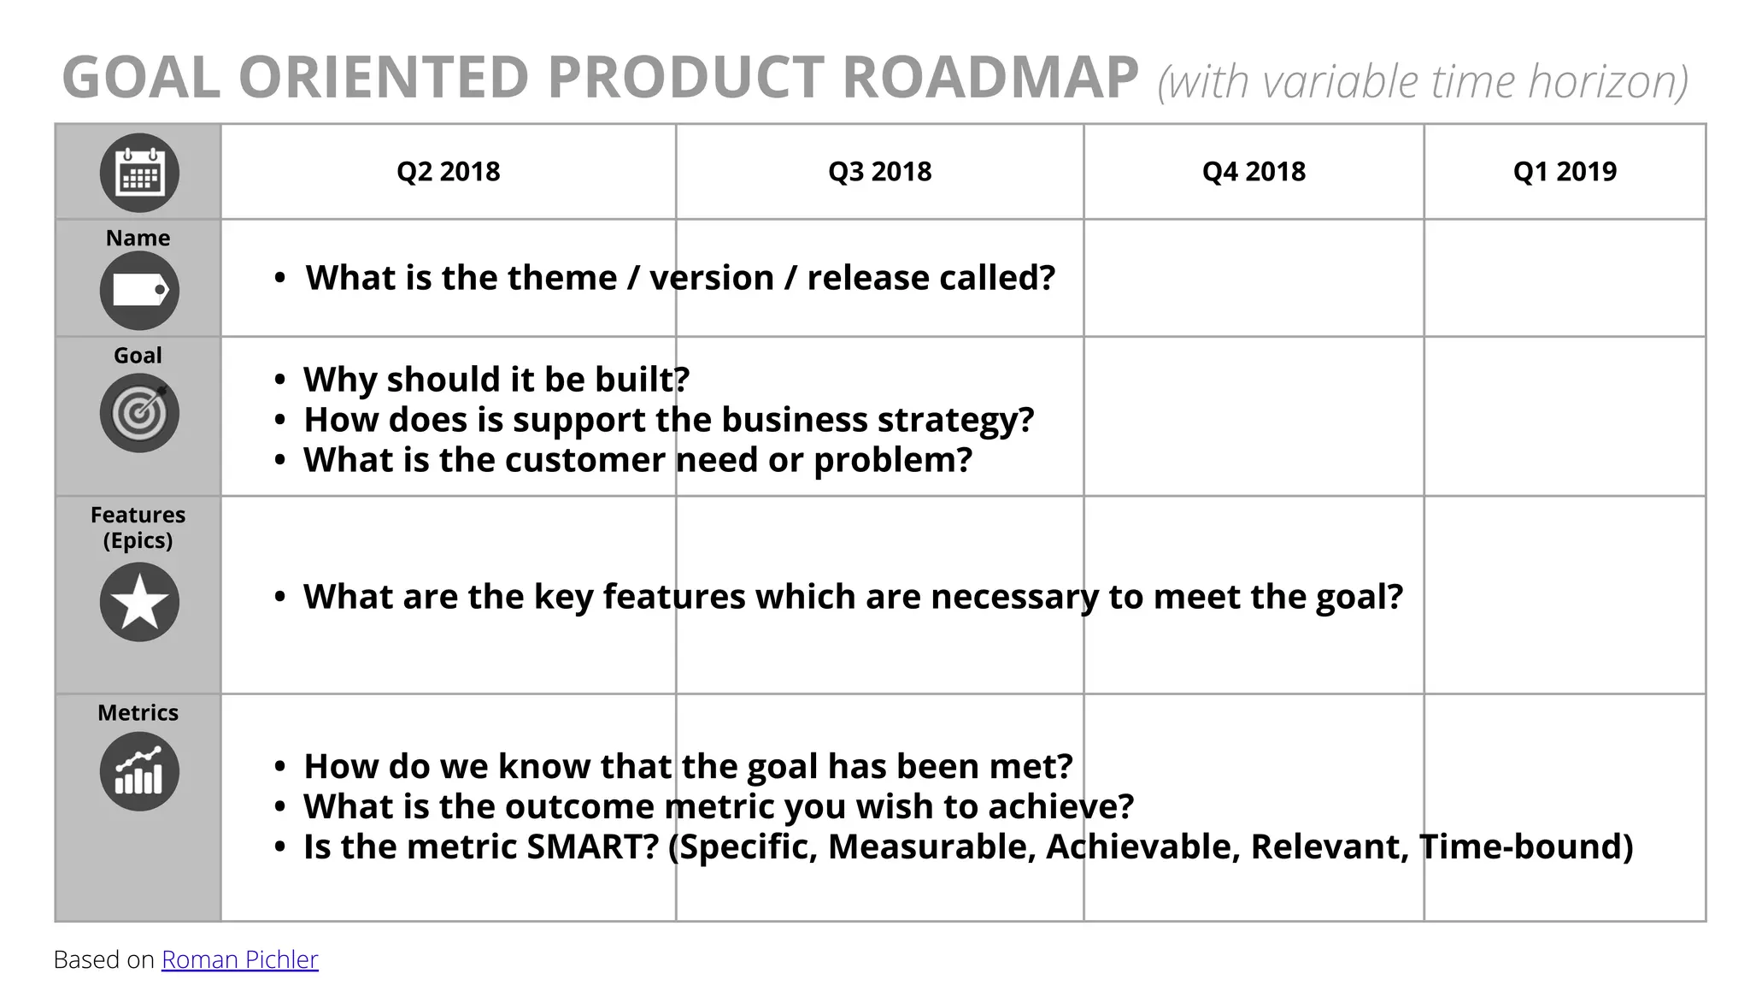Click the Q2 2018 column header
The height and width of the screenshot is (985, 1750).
(448, 172)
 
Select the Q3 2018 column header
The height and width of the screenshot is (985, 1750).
(879, 172)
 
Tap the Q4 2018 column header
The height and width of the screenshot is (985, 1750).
(1254, 172)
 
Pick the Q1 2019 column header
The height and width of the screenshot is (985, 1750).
(1565, 172)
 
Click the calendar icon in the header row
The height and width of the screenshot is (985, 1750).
(139, 174)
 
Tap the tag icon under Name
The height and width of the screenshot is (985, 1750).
(139, 291)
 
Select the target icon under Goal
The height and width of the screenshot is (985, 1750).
(139, 413)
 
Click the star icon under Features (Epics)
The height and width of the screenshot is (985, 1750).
(139, 602)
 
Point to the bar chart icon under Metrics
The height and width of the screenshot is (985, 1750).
(139, 771)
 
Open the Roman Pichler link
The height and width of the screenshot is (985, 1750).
(239, 959)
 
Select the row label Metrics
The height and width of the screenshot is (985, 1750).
(138, 712)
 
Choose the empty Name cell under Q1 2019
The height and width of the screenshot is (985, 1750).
(1564, 278)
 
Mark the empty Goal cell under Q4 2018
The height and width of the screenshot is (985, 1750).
(1254, 416)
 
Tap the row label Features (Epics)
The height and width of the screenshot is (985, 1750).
(138, 527)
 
